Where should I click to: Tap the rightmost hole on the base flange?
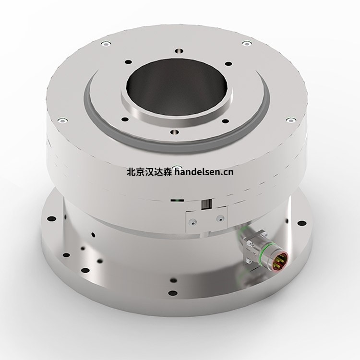(x=304, y=222)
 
